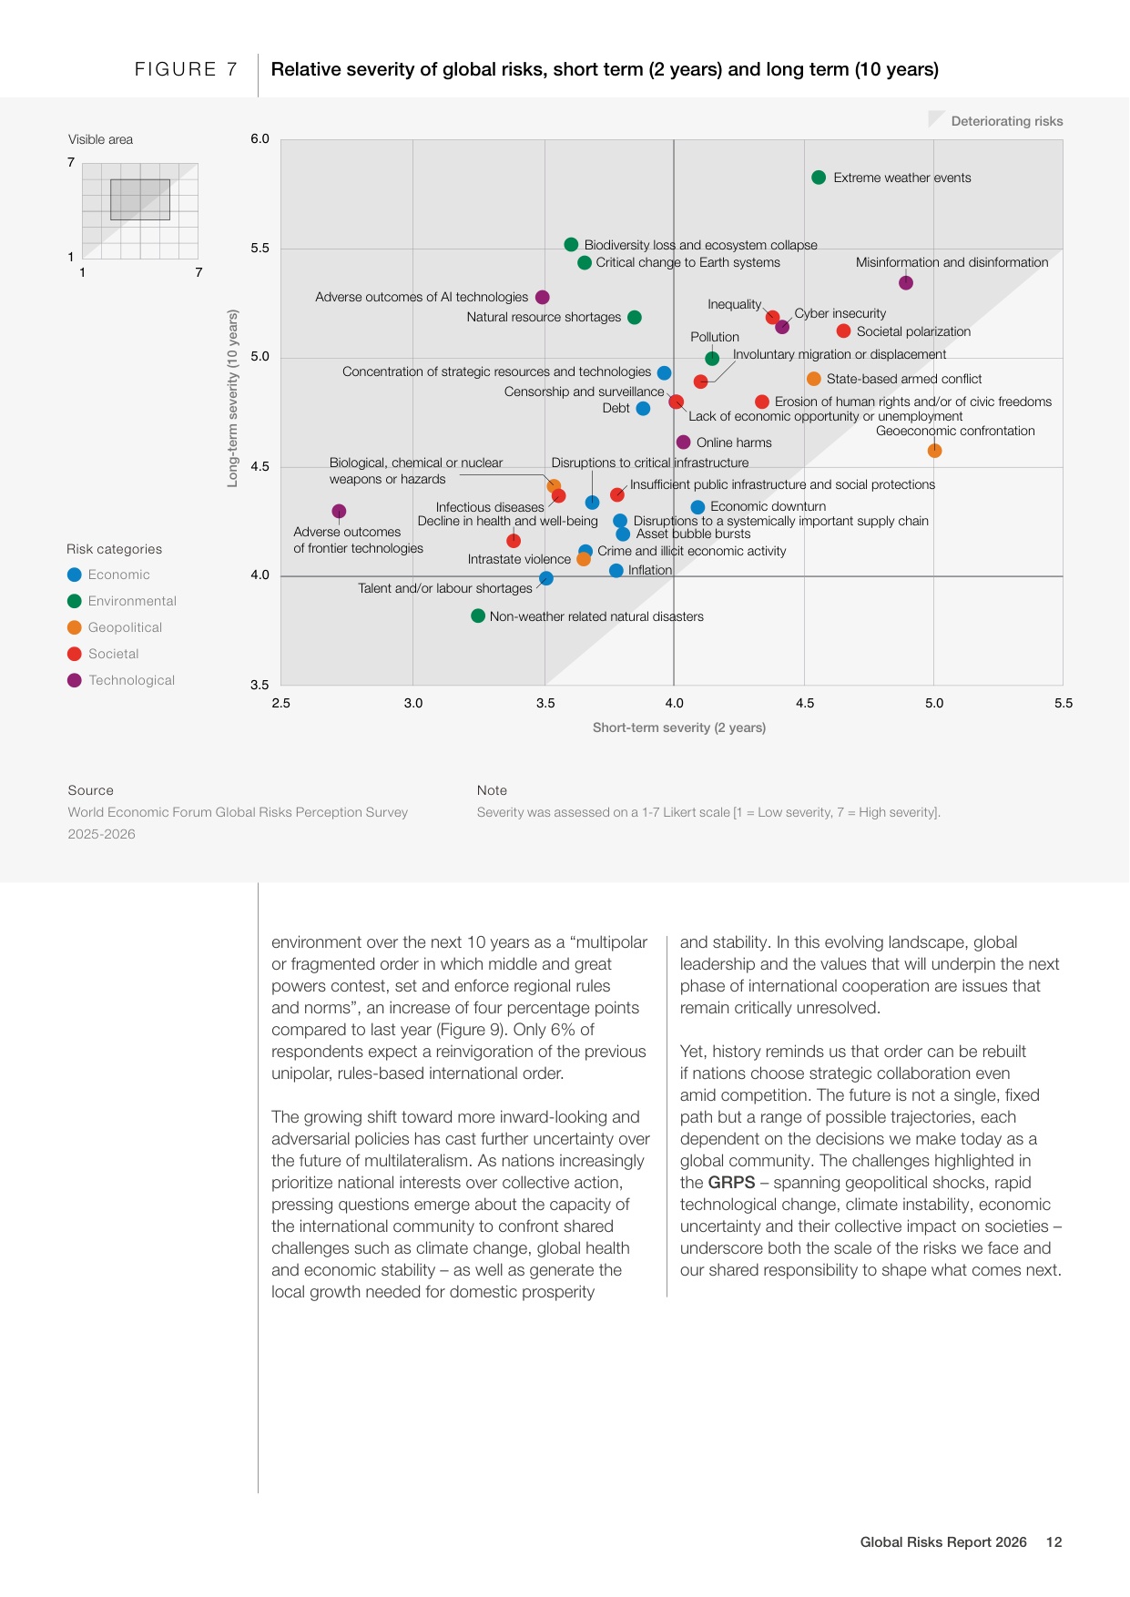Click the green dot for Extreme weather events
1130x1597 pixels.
819,178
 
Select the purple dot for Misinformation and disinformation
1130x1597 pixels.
906,283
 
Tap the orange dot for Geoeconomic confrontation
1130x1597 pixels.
934,451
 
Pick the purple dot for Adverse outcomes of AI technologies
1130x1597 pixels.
543,298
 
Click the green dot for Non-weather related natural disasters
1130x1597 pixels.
478,616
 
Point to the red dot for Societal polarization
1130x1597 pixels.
844,331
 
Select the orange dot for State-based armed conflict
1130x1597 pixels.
814,379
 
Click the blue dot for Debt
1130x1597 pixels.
643,409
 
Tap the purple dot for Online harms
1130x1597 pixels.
684,442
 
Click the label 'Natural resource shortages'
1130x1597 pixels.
544,317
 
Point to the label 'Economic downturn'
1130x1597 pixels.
769,506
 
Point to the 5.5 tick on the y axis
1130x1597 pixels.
260,249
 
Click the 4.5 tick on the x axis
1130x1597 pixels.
805,703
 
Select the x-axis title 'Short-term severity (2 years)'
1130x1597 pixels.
679,727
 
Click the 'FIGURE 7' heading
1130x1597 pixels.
187,69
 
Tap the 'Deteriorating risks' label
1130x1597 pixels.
1007,121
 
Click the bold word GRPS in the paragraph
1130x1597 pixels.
732,1183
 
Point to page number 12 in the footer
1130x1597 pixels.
1054,1542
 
